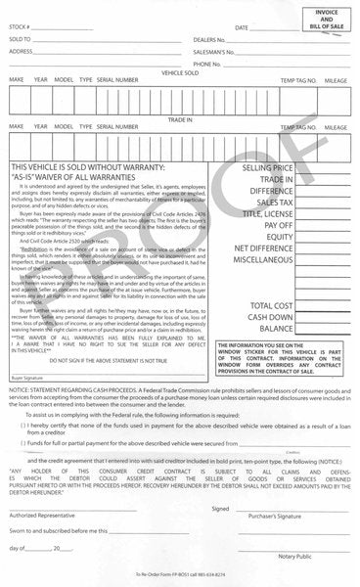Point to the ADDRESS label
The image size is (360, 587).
click(21, 51)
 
